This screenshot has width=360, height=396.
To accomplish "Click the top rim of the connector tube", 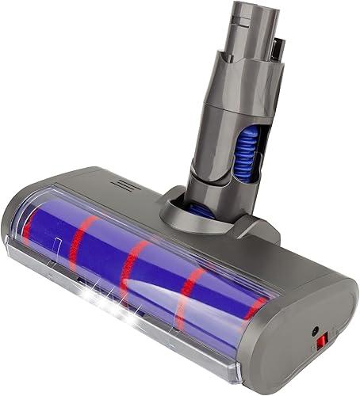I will tap(234, 10).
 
